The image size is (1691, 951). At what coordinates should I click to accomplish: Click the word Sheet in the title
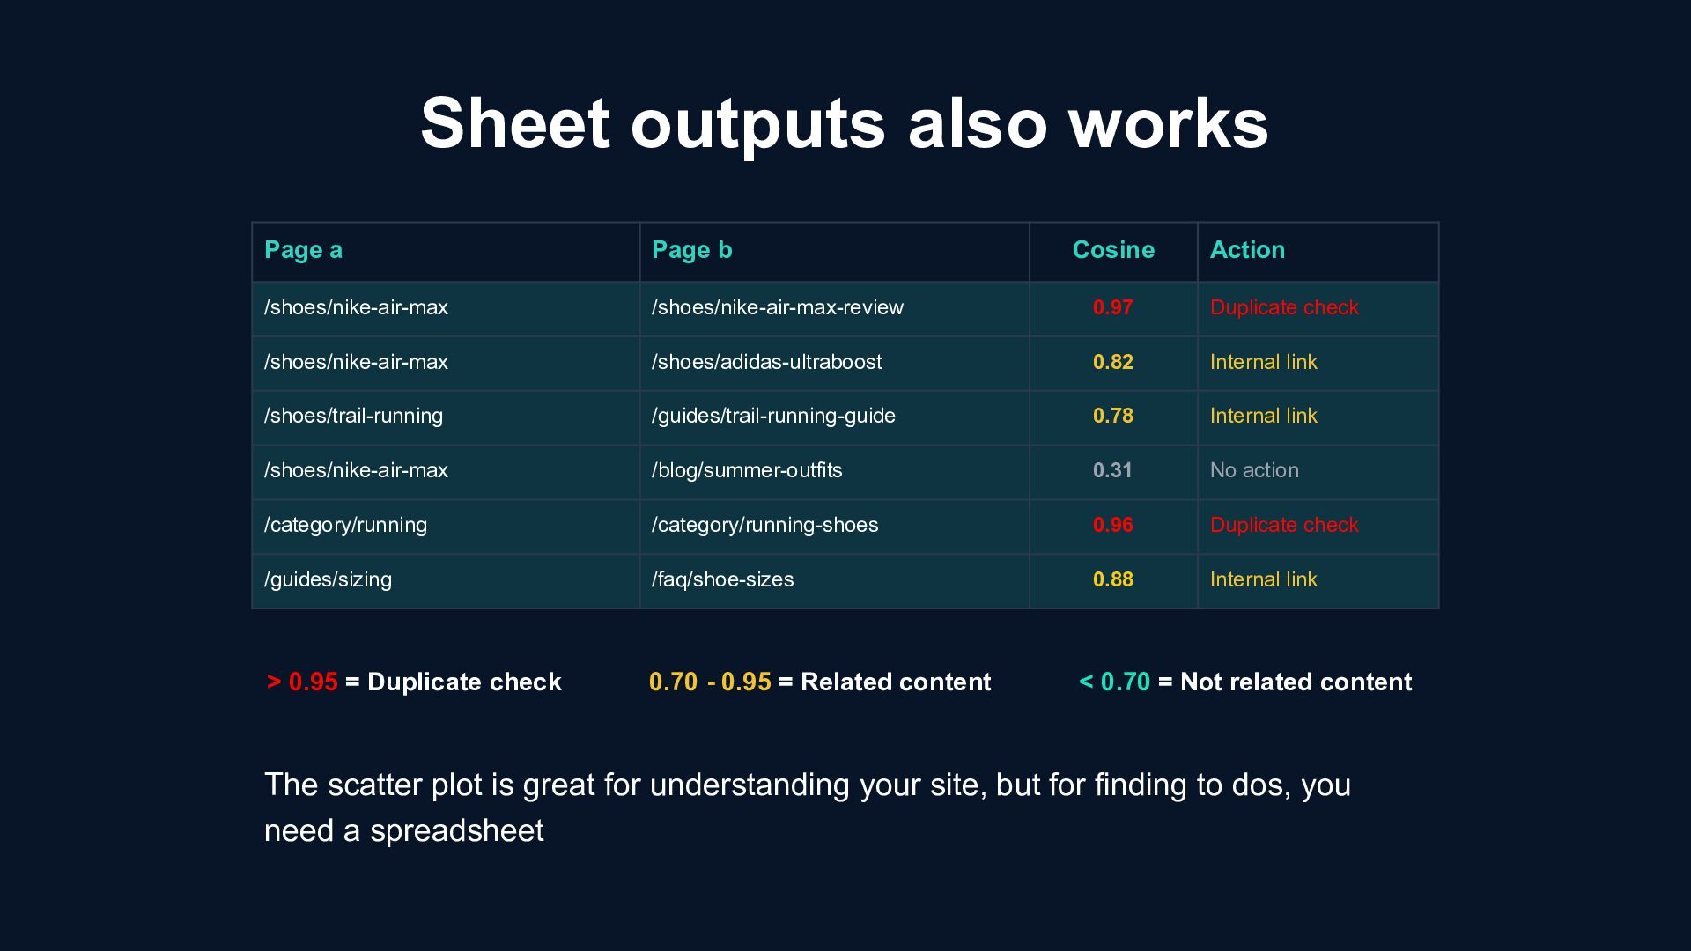pyautogui.click(x=514, y=122)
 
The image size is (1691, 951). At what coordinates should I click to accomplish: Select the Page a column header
pyautogui.click(x=303, y=250)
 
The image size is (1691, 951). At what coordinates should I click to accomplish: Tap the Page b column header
pyautogui.click(x=691, y=250)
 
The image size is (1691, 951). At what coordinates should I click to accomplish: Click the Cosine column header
pyautogui.click(x=1113, y=250)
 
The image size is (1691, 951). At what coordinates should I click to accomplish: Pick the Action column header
pyautogui.click(x=1247, y=250)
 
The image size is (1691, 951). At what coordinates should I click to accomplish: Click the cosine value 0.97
pyautogui.click(x=1113, y=307)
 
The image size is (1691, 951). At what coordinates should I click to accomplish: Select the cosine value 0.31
pyautogui.click(x=1113, y=470)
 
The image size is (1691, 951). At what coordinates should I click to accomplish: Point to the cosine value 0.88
pyautogui.click(x=1113, y=579)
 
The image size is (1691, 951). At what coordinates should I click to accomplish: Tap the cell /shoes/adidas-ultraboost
pyautogui.click(x=766, y=362)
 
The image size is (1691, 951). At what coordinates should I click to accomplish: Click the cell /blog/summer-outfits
pyautogui.click(x=747, y=470)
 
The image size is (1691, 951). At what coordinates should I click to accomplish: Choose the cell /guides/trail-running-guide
pyautogui.click(x=773, y=416)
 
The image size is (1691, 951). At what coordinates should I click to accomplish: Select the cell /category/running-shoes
pyautogui.click(x=764, y=525)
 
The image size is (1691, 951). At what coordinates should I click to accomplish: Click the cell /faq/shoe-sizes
pyautogui.click(x=722, y=579)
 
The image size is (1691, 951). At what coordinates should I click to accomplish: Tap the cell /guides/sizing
pyautogui.click(x=328, y=579)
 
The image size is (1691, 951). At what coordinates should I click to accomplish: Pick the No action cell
pyautogui.click(x=1254, y=470)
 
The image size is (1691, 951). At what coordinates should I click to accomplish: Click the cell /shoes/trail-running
pyautogui.click(x=353, y=416)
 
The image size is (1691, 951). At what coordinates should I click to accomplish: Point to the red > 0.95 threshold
pyautogui.click(x=302, y=682)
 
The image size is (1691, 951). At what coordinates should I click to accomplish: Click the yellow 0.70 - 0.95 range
pyautogui.click(x=710, y=682)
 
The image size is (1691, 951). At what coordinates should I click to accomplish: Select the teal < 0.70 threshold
pyautogui.click(x=1115, y=682)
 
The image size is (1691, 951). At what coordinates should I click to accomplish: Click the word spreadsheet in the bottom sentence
pyautogui.click(x=456, y=830)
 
